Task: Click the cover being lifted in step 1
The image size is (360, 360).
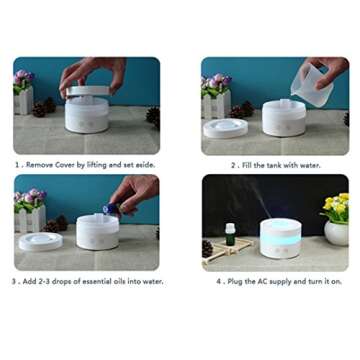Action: (86, 91)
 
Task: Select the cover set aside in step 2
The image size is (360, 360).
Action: (224, 127)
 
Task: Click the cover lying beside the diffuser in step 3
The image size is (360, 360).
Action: (40, 241)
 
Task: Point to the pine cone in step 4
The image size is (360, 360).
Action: (207, 249)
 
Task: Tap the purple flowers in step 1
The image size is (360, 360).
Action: (23, 77)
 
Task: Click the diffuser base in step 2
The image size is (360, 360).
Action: (284, 118)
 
